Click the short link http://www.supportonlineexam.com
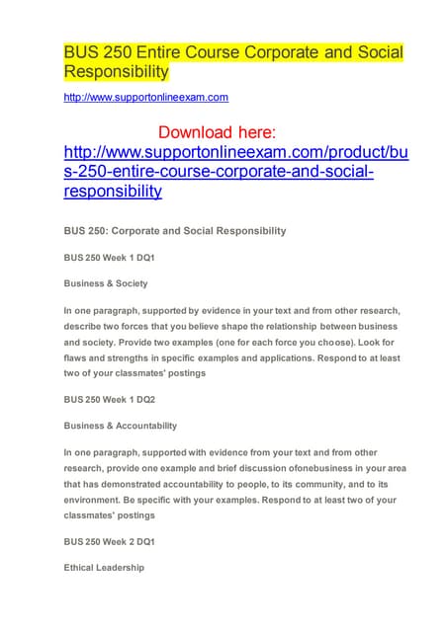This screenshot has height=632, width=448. click(145, 97)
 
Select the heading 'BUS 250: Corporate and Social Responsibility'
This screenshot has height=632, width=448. click(174, 230)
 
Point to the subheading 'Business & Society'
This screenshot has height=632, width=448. click(105, 283)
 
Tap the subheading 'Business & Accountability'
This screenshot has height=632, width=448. click(120, 426)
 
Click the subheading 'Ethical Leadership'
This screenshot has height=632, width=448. click(104, 568)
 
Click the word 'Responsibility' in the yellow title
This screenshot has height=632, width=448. click(116, 73)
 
